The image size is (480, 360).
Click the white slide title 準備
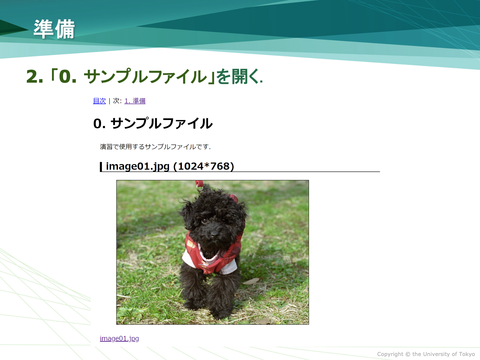pos(54,29)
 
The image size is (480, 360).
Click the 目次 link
pos(99,101)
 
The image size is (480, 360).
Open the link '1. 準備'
pos(135,101)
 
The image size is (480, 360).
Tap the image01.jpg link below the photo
pos(119,338)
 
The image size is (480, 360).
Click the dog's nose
pos(214,235)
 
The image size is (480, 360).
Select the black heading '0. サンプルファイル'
pos(153,123)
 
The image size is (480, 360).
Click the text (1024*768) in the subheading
pos(204,166)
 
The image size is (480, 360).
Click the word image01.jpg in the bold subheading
pos(138,166)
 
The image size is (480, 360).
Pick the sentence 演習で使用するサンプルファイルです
pos(155,147)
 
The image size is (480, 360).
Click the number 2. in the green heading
pos(35,77)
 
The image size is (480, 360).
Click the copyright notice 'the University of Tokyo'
pos(443,354)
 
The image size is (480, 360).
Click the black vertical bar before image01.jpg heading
pos(101,167)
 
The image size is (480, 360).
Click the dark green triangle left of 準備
pos(13,28)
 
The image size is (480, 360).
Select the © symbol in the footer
pos(408,354)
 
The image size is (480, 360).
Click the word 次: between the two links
pos(117,101)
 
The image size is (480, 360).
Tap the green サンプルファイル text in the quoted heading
pos(145,76)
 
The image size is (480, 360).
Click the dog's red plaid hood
pos(234,198)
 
